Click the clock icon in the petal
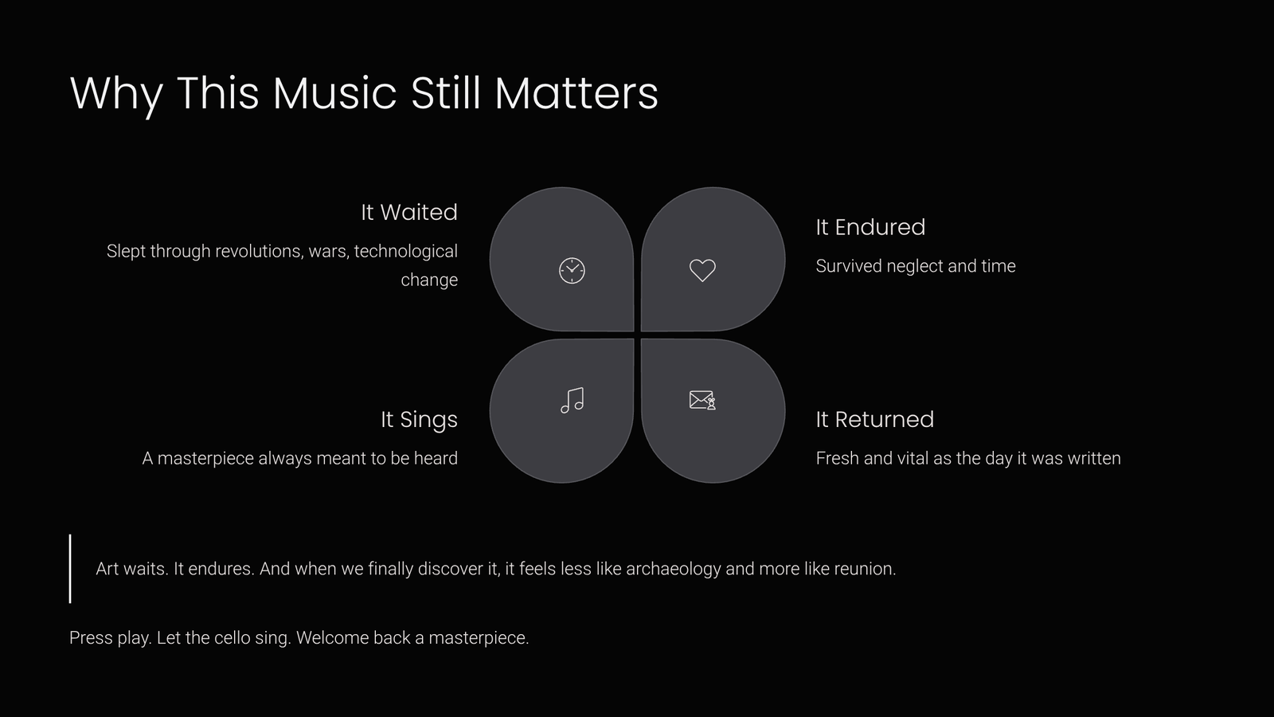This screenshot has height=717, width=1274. (x=572, y=270)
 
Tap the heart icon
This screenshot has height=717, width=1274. (x=702, y=270)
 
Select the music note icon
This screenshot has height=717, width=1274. (x=573, y=400)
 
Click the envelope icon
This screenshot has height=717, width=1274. (x=702, y=400)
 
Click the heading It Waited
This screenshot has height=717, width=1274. (x=409, y=212)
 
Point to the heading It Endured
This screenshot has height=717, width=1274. (x=870, y=227)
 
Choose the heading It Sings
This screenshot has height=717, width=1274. (x=419, y=420)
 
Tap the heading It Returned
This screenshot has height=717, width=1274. (x=875, y=419)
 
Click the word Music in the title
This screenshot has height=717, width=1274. (x=334, y=92)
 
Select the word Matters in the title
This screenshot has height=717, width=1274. (x=576, y=92)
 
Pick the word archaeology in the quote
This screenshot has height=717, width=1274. (x=674, y=569)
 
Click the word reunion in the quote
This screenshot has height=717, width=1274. (x=865, y=569)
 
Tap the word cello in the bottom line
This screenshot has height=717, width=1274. (x=232, y=638)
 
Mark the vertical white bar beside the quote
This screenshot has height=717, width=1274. (x=70, y=569)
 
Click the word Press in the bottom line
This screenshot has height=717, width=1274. (x=91, y=638)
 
